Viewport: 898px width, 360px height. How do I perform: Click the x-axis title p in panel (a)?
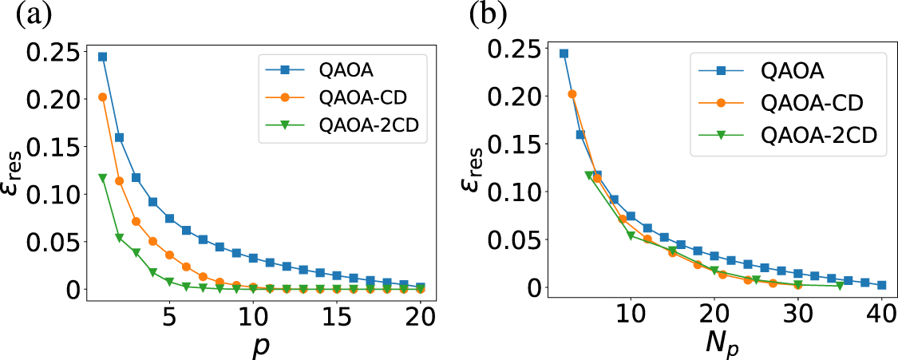coord(253,344)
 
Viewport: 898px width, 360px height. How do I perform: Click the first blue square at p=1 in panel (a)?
coord(102,57)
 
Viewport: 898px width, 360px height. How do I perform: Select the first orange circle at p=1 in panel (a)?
coord(102,97)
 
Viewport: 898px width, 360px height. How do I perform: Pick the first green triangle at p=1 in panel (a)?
coord(102,177)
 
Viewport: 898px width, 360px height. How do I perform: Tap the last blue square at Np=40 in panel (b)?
coord(881,285)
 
